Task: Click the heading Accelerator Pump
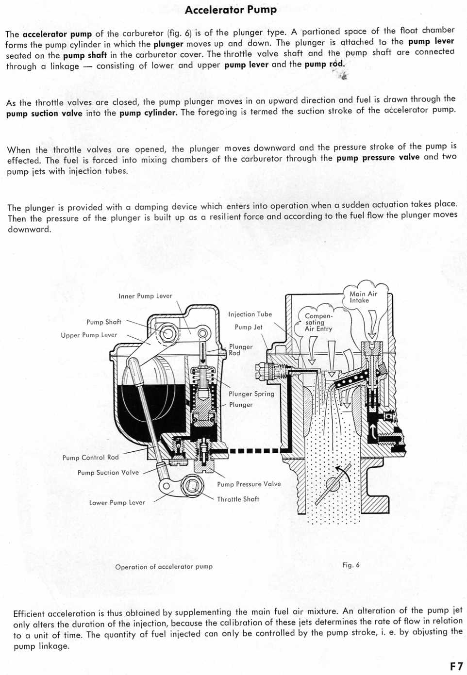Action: click(231, 10)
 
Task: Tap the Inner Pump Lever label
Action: click(145, 296)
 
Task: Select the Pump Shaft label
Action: click(103, 322)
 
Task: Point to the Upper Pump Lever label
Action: click(89, 335)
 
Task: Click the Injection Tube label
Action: click(250, 314)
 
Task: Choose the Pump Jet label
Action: click(249, 327)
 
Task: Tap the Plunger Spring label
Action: click(251, 394)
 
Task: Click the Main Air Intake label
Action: click(363, 297)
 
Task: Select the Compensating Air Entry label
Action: click(318, 322)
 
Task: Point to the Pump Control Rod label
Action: click(90, 457)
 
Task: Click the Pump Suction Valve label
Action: click(108, 472)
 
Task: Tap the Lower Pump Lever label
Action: click(117, 502)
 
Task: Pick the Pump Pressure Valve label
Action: click(249, 484)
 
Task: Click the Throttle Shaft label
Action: click(238, 499)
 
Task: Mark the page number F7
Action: click(456, 666)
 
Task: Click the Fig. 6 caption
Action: click(350, 565)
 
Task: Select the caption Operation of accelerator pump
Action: click(164, 566)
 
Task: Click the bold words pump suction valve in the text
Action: click(44, 114)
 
